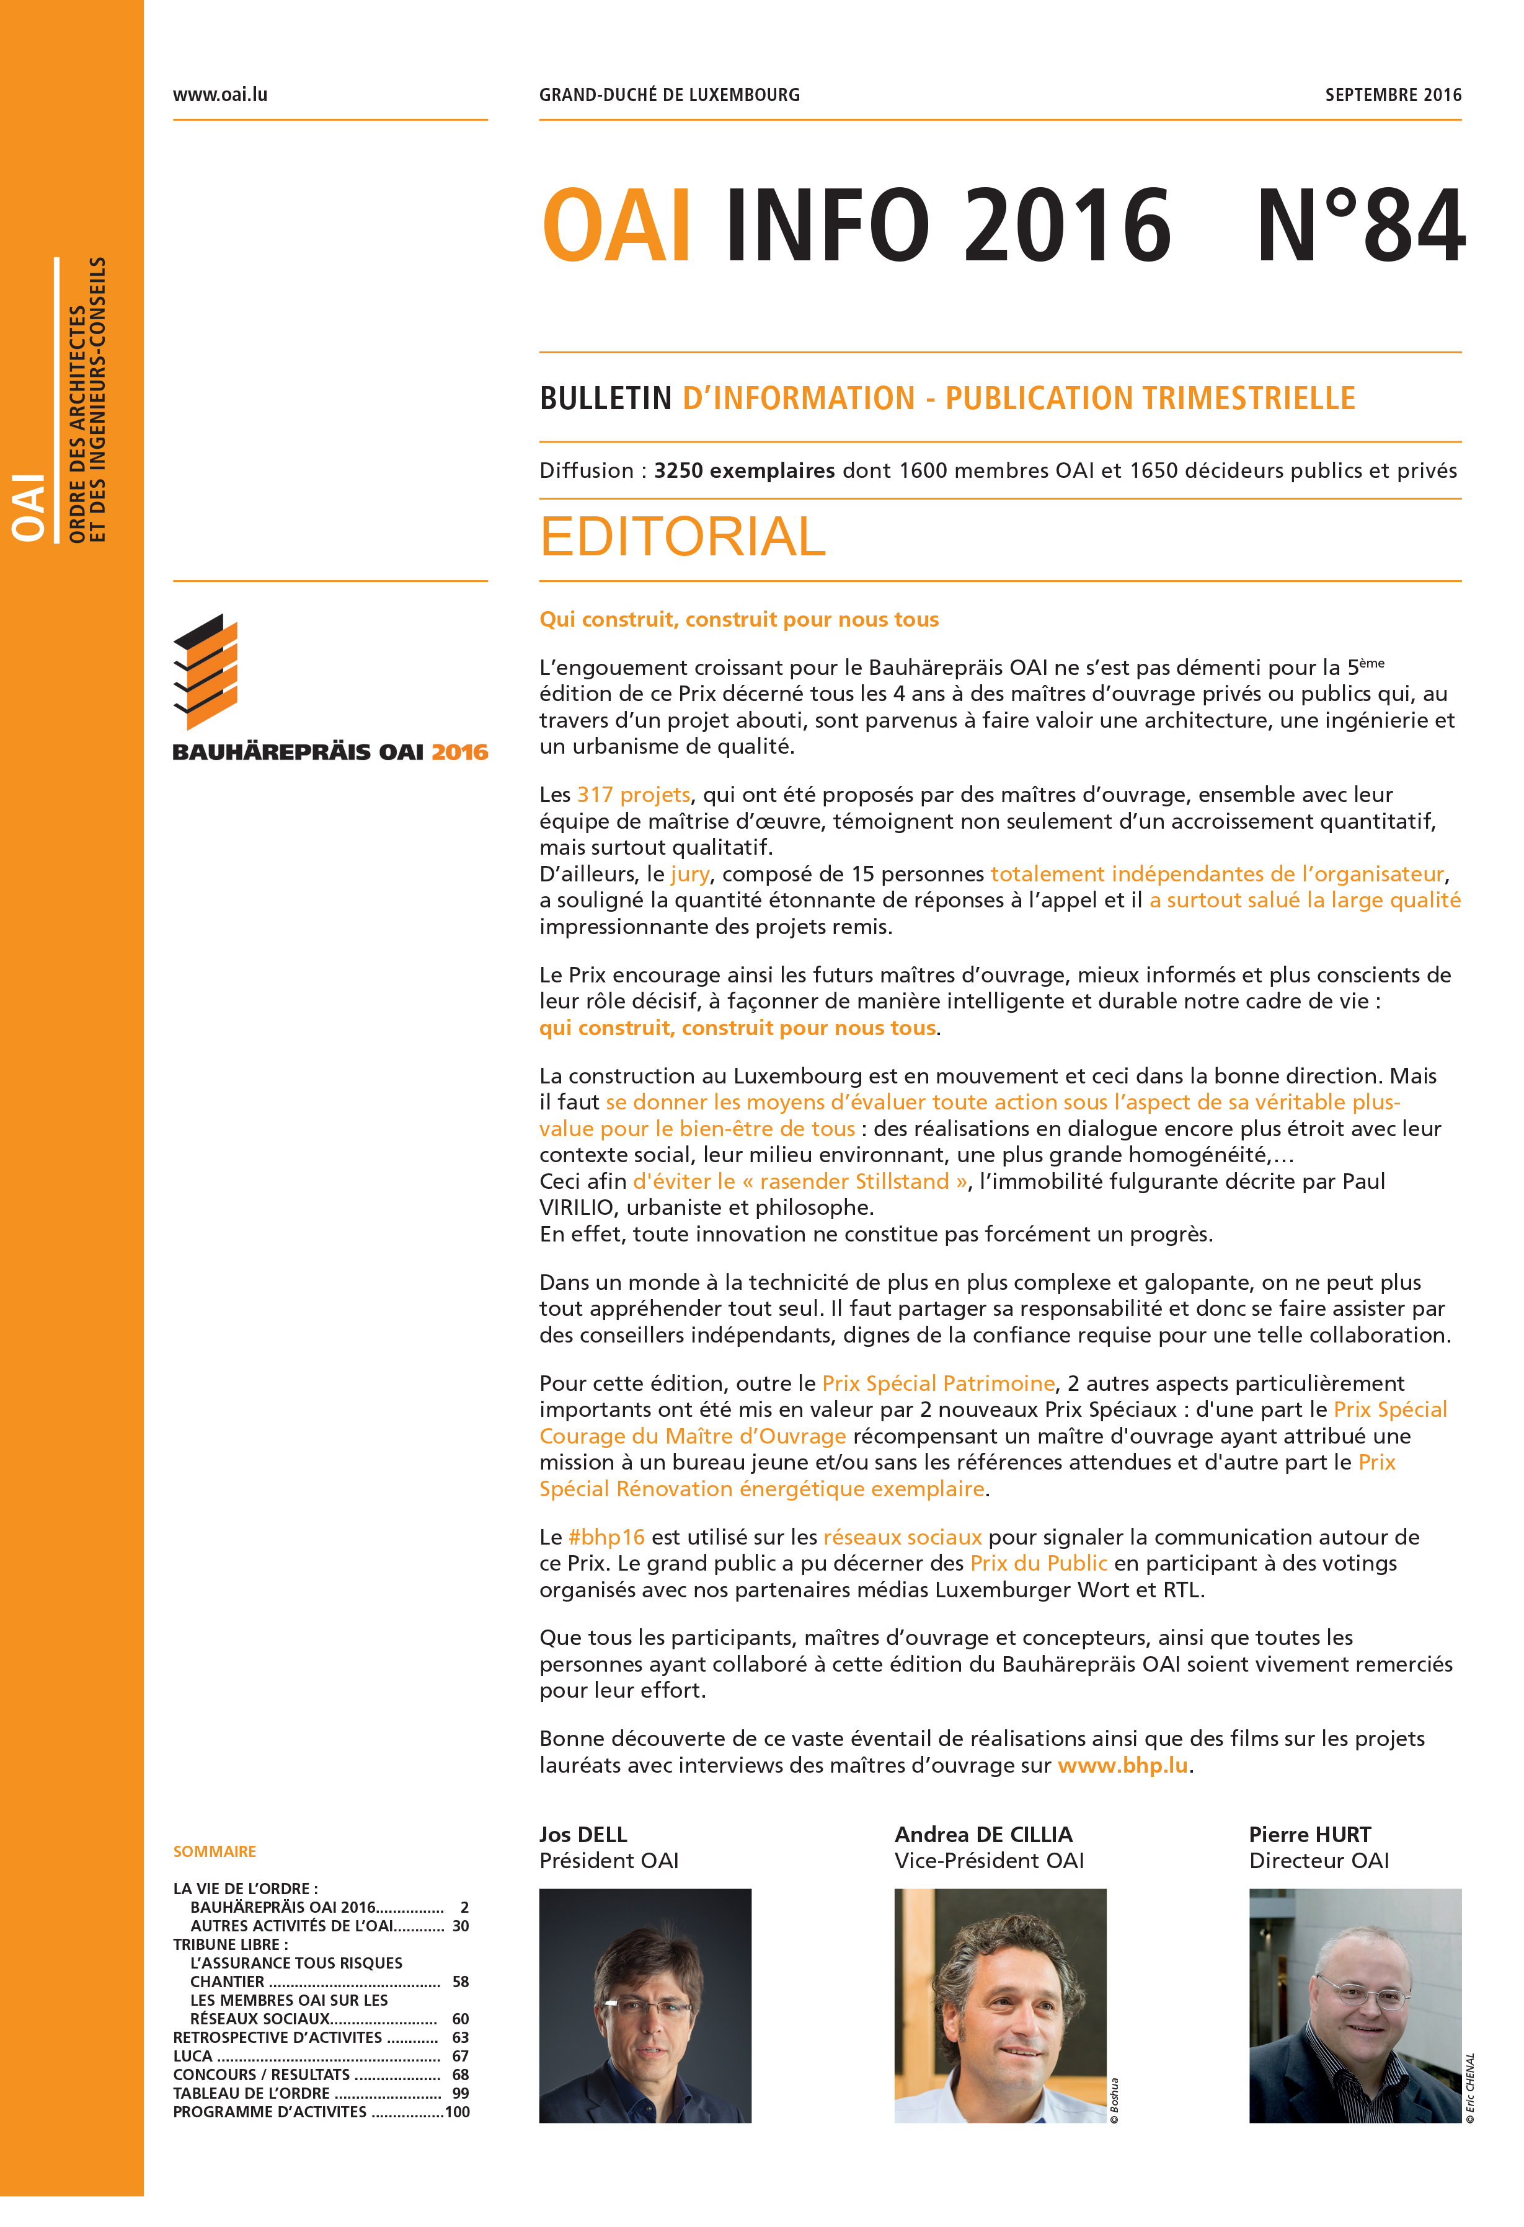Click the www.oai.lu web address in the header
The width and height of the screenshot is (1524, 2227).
click(x=219, y=95)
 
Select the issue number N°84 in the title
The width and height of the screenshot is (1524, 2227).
click(x=1360, y=226)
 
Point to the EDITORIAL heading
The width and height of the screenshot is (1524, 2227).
click(x=683, y=537)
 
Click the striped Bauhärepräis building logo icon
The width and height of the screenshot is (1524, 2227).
click(x=205, y=671)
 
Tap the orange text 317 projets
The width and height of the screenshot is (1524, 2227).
click(x=632, y=795)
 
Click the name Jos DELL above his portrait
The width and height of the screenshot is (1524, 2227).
click(x=583, y=1834)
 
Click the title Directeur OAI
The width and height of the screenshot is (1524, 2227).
click(x=1318, y=1861)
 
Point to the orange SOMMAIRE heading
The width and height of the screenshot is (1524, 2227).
click(x=215, y=1851)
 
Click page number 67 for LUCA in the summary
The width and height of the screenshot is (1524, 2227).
click(x=460, y=2055)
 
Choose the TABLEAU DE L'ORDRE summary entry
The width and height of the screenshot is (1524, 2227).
click(x=251, y=2093)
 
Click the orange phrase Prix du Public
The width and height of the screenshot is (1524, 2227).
click(x=1038, y=1563)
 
